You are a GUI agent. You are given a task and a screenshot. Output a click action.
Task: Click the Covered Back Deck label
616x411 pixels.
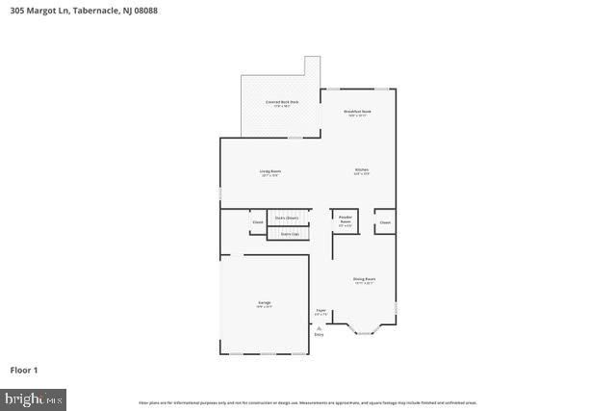[281, 103]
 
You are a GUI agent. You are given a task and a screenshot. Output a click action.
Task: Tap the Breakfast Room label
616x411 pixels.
[358, 113]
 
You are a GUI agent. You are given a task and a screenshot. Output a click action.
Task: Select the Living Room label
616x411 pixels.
[269, 172]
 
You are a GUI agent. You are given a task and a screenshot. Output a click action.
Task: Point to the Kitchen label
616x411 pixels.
[361, 172]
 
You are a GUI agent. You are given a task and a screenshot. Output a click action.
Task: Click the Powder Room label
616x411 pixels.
[346, 220]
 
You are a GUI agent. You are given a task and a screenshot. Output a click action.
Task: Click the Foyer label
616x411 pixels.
[321, 312]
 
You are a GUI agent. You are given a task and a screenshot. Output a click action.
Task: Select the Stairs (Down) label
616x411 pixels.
[287, 218]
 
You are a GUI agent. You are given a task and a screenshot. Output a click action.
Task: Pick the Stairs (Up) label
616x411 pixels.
[289, 234]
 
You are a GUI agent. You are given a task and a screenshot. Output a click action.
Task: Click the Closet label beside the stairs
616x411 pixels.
[258, 222]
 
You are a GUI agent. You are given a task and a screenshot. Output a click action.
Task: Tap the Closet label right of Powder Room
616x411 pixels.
[385, 222]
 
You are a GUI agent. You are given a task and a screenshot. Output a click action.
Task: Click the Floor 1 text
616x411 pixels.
[24, 370]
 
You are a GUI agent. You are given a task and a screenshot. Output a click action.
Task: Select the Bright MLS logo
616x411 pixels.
[34, 398]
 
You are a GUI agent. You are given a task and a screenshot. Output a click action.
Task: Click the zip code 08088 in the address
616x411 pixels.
[144, 11]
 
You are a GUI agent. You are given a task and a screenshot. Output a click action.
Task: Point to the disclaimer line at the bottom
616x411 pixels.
[307, 402]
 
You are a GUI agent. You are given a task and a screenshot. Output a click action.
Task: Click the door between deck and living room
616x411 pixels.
[295, 137]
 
